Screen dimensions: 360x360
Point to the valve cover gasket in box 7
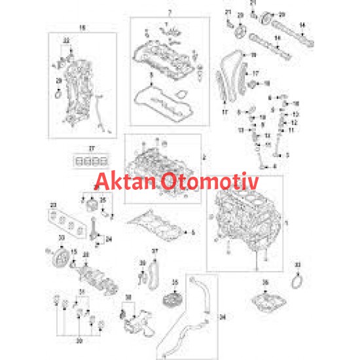pyautogui.click(x=160, y=99)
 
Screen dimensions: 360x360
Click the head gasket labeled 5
pyautogui.click(x=157, y=226)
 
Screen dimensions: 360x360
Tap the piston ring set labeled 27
pyautogui.click(x=88, y=161)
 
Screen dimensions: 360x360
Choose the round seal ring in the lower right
pyautogui.click(x=298, y=280)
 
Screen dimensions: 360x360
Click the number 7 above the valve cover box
pyautogui.click(x=169, y=13)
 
